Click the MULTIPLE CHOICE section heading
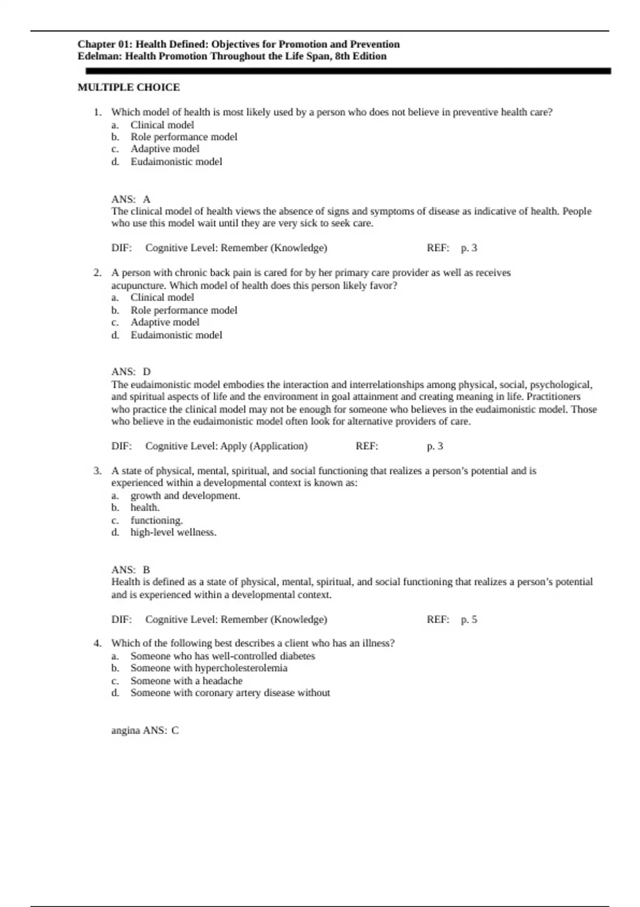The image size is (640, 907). [129, 87]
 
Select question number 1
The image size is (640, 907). [97, 112]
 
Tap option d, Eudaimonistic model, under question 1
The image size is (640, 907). [176, 161]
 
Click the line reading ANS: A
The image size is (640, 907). [131, 199]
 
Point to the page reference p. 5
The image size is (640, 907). [469, 619]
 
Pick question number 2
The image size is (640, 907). [97, 273]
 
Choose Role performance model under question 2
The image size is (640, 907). [183, 310]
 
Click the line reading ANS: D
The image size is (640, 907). [131, 371]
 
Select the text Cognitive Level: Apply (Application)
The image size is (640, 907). [226, 446]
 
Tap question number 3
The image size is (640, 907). [97, 471]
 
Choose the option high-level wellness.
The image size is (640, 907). [173, 532]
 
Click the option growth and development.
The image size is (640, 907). [185, 496]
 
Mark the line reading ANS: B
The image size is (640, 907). [131, 570]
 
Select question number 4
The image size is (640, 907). [97, 643]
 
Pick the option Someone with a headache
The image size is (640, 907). [186, 681]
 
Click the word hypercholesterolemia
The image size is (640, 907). [241, 668]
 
